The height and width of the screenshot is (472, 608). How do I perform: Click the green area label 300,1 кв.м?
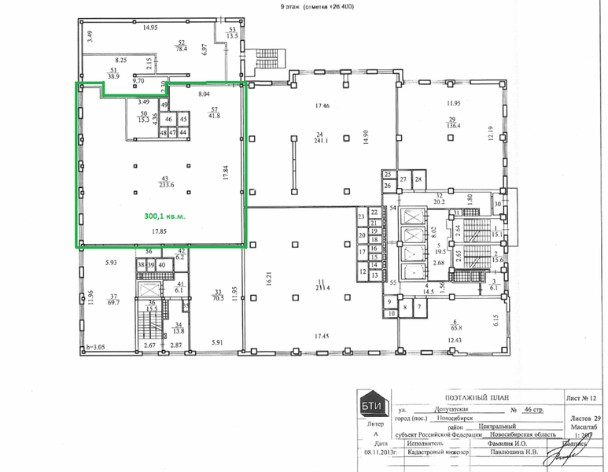pyautogui.click(x=164, y=214)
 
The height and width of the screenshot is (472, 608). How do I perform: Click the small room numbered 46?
pyautogui.click(x=168, y=120)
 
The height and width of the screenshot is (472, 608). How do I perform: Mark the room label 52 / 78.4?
pyautogui.click(x=181, y=46)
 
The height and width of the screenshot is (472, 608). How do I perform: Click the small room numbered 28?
pyautogui.click(x=419, y=179)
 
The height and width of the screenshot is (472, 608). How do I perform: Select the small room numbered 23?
pyautogui.click(x=361, y=216)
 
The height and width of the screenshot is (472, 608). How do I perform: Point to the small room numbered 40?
pyautogui.click(x=161, y=266)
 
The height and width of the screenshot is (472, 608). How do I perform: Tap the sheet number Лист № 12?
pyautogui.click(x=581, y=399)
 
